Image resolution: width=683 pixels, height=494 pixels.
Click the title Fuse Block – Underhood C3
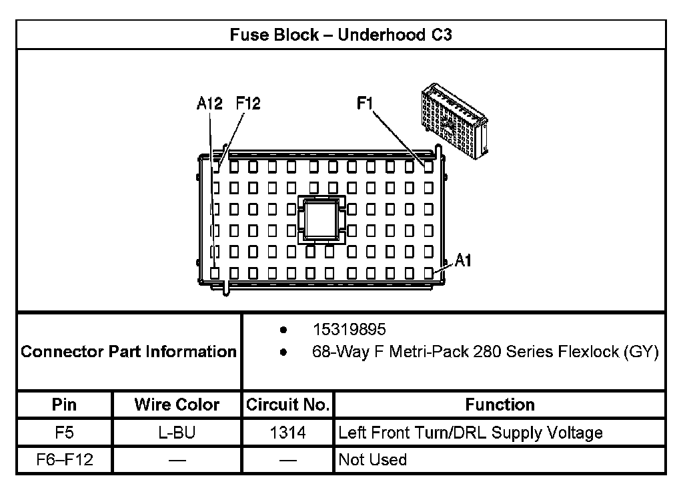click(341, 35)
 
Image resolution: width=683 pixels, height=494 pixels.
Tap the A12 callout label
click(209, 103)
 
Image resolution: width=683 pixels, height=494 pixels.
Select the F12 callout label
click(248, 103)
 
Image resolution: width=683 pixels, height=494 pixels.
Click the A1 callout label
click(463, 261)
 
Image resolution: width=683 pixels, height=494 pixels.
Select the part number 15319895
click(349, 330)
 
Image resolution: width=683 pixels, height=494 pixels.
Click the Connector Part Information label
click(129, 351)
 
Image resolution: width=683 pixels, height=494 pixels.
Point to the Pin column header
click(64, 405)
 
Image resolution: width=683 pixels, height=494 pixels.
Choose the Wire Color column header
click(177, 405)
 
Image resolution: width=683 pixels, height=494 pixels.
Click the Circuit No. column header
click(287, 405)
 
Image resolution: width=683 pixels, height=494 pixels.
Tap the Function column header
click(500, 405)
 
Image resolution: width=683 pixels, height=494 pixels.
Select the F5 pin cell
click(64, 433)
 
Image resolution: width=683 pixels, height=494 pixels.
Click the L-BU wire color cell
click(177, 433)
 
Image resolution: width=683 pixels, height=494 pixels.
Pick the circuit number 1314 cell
click(287, 433)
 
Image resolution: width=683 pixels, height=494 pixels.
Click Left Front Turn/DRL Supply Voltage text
click(470, 433)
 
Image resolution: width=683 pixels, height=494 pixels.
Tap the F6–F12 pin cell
click(64, 460)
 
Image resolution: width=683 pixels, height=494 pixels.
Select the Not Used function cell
click(373, 460)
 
